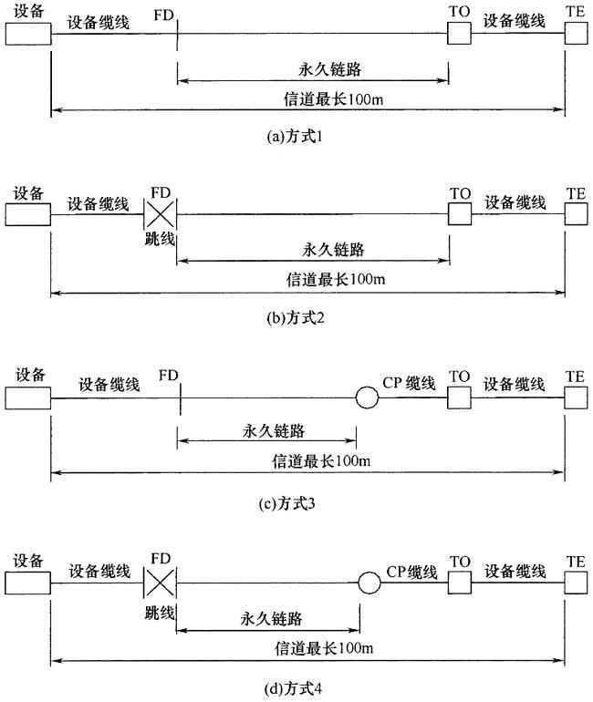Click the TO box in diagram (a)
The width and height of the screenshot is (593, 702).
(x=459, y=35)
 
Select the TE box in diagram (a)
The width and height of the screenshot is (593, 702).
(x=577, y=35)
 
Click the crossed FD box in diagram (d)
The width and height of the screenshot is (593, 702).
(x=160, y=580)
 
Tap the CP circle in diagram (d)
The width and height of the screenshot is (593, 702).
(x=368, y=580)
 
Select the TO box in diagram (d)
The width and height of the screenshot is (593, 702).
(x=459, y=580)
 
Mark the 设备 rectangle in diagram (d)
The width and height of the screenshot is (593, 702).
(x=27, y=580)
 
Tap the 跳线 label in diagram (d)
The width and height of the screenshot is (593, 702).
(x=159, y=610)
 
